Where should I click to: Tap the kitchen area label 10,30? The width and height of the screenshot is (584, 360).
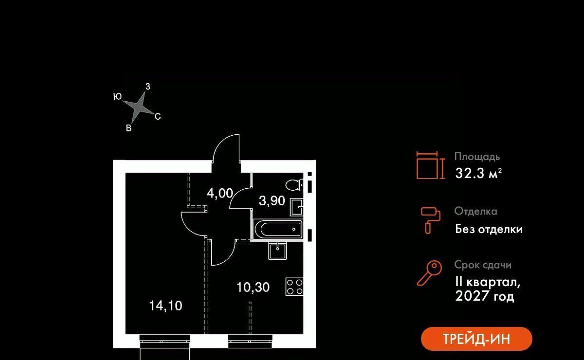(x=253, y=288)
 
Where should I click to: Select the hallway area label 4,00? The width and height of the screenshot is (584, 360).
(x=220, y=193)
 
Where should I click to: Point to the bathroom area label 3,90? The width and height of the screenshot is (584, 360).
(x=272, y=201)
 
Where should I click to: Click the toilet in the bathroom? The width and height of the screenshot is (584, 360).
(x=293, y=185)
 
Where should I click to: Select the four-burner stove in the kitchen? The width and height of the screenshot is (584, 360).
(x=294, y=286)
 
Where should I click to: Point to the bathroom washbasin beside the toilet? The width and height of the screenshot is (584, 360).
(x=296, y=207)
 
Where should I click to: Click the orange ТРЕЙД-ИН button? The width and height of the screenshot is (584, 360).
(x=476, y=339)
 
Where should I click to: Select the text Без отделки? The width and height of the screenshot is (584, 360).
(x=489, y=229)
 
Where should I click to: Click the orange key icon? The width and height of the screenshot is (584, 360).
(x=429, y=273)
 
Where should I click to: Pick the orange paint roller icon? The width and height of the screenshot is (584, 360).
(x=430, y=219)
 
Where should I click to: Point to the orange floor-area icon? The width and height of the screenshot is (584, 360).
(x=430, y=165)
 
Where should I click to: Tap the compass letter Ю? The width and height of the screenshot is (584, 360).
(x=117, y=97)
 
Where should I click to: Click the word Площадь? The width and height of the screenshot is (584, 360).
(x=477, y=157)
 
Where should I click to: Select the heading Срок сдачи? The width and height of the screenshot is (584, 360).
(x=483, y=265)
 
